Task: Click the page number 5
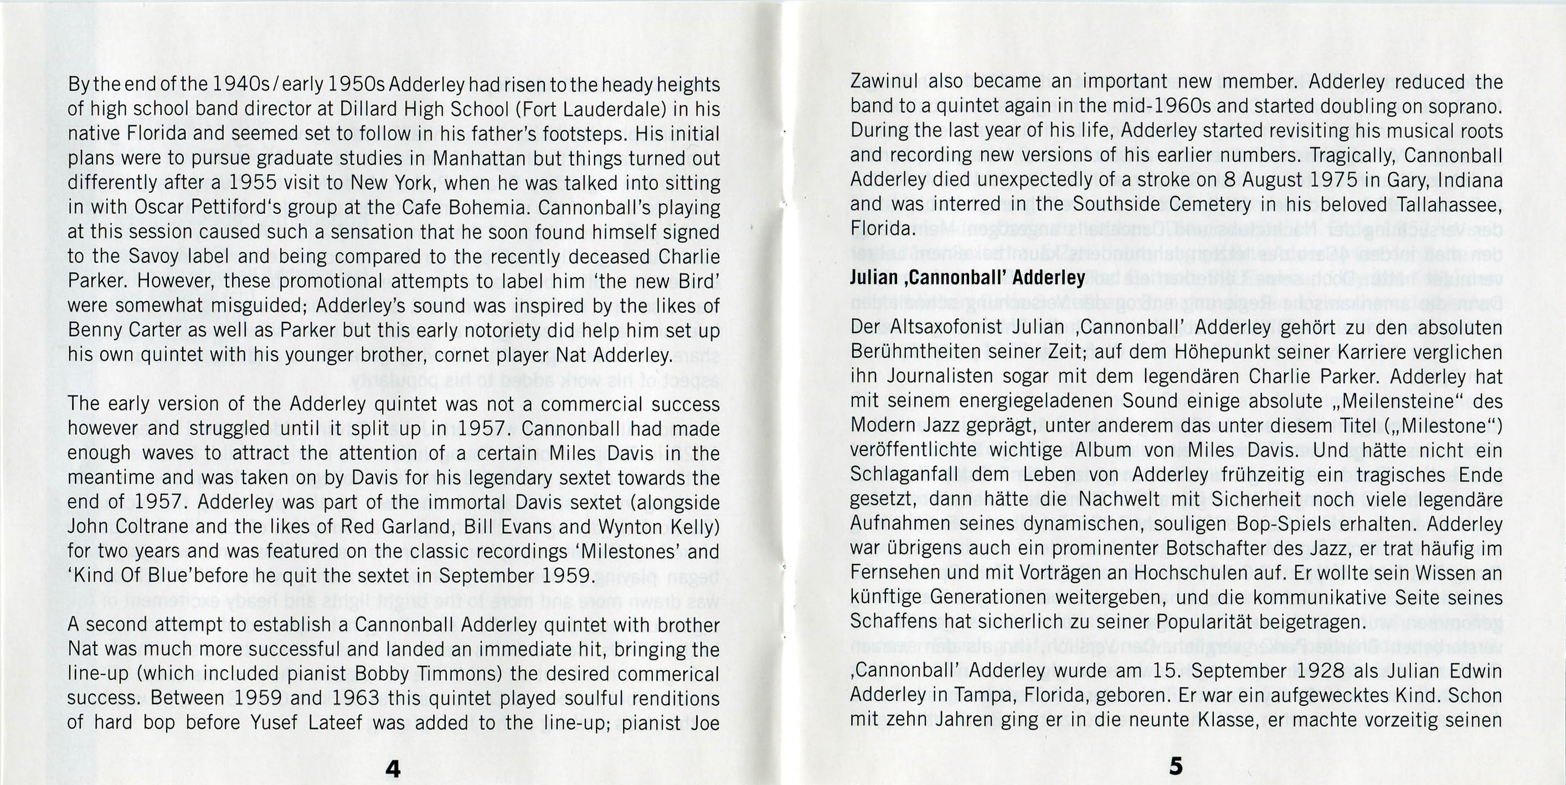tap(1176, 766)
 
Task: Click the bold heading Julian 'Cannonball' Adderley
tap(967, 278)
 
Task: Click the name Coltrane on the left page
tap(157, 527)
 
